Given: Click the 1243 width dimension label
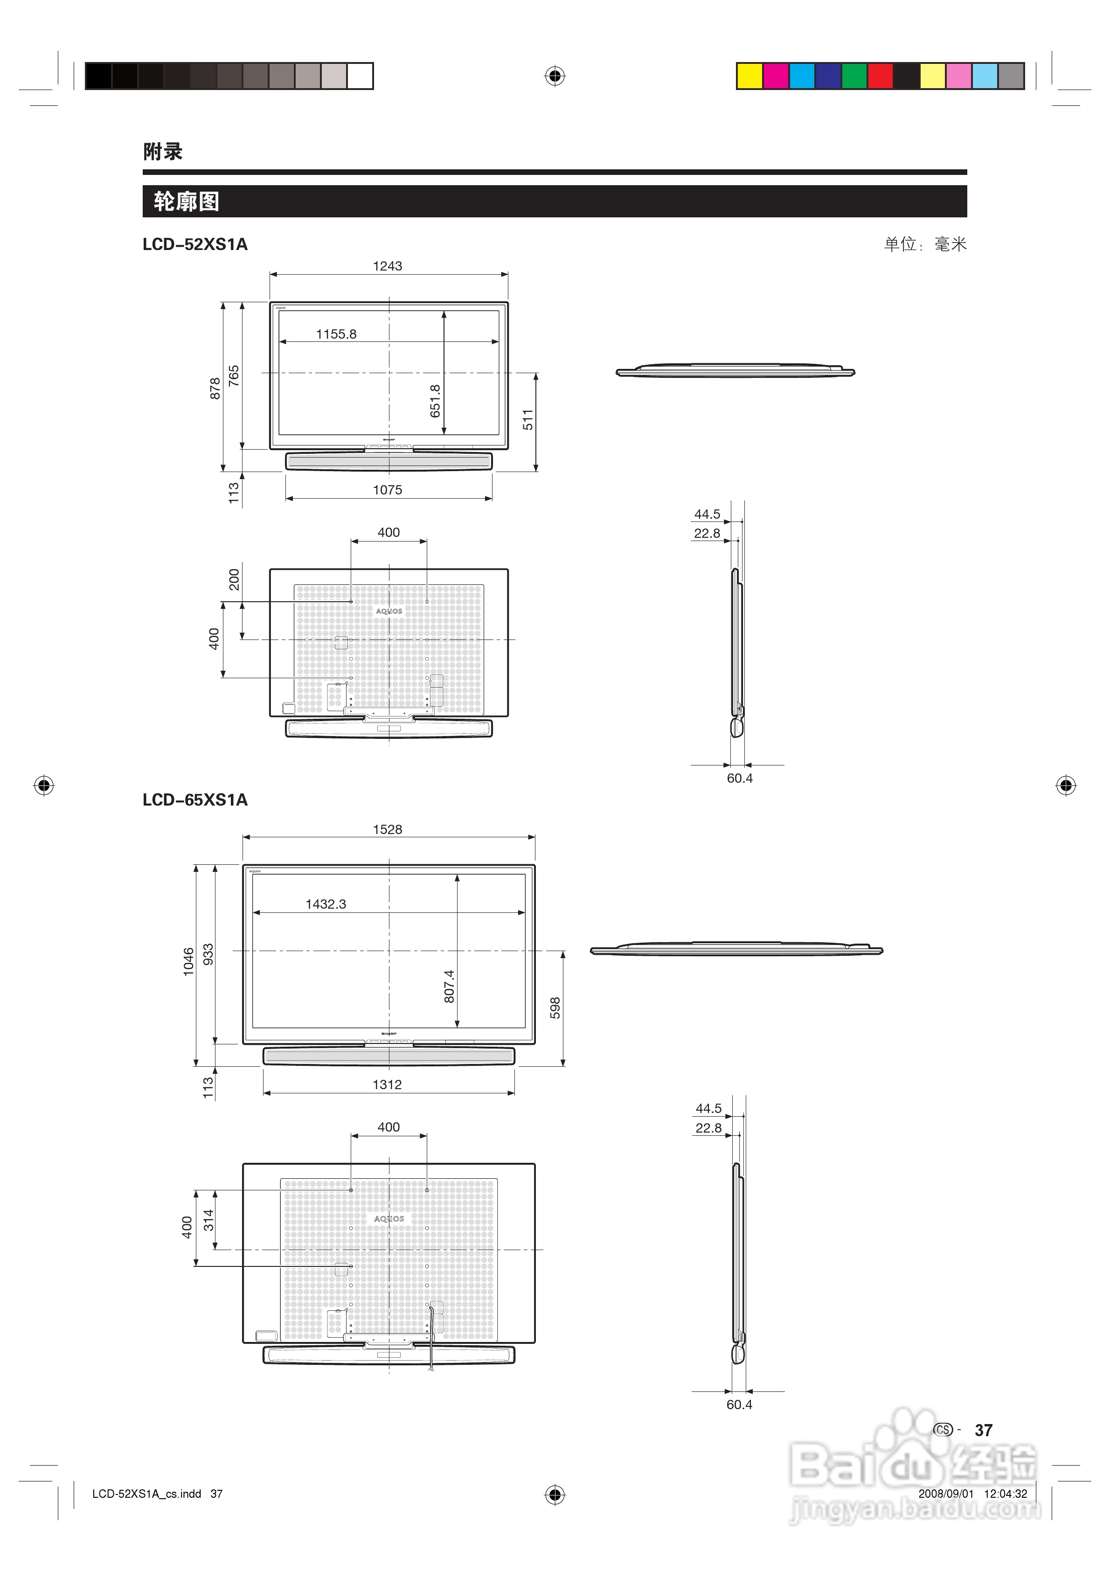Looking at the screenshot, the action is pyautogui.click(x=388, y=266).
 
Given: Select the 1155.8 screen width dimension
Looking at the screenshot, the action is pyautogui.click(x=336, y=334).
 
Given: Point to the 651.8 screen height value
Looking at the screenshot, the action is pyautogui.click(x=435, y=401).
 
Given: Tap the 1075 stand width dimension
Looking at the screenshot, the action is pyautogui.click(x=388, y=490).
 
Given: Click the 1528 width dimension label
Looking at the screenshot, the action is pyautogui.click(x=388, y=829).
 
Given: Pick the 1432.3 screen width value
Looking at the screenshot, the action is pyautogui.click(x=326, y=904).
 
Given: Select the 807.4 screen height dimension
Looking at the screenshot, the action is pyautogui.click(x=449, y=986).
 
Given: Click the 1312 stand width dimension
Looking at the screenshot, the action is pyautogui.click(x=388, y=1084).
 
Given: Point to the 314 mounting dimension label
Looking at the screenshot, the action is pyautogui.click(x=209, y=1219).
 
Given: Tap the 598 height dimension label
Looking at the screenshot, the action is pyautogui.click(x=555, y=1008).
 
